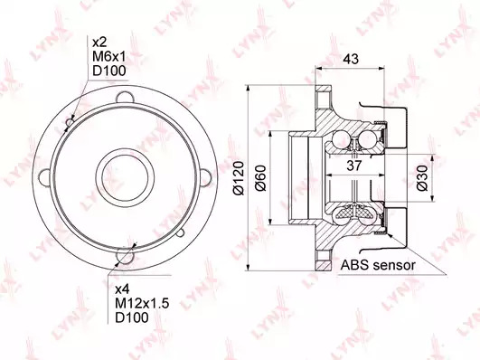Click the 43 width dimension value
(x=351, y=59)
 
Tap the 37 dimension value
(x=354, y=166)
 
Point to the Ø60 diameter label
(x=260, y=178)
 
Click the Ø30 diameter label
(x=422, y=178)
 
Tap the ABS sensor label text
(x=379, y=265)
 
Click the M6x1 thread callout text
(x=109, y=56)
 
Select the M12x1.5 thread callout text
(x=142, y=303)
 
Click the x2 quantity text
(x=99, y=43)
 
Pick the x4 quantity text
(x=122, y=289)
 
